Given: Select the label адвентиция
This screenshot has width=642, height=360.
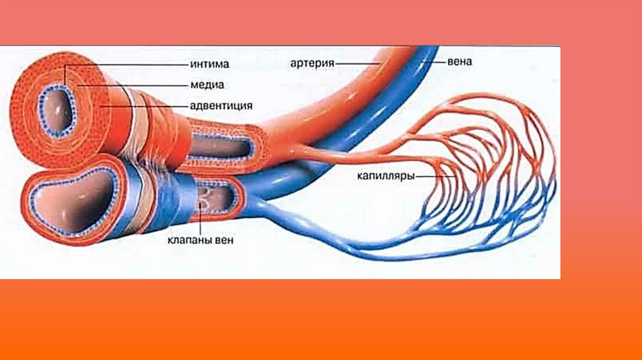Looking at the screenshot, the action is (221, 106).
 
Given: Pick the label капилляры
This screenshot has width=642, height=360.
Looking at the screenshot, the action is (386, 177).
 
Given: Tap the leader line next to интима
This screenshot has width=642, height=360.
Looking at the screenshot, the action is (125, 64).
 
